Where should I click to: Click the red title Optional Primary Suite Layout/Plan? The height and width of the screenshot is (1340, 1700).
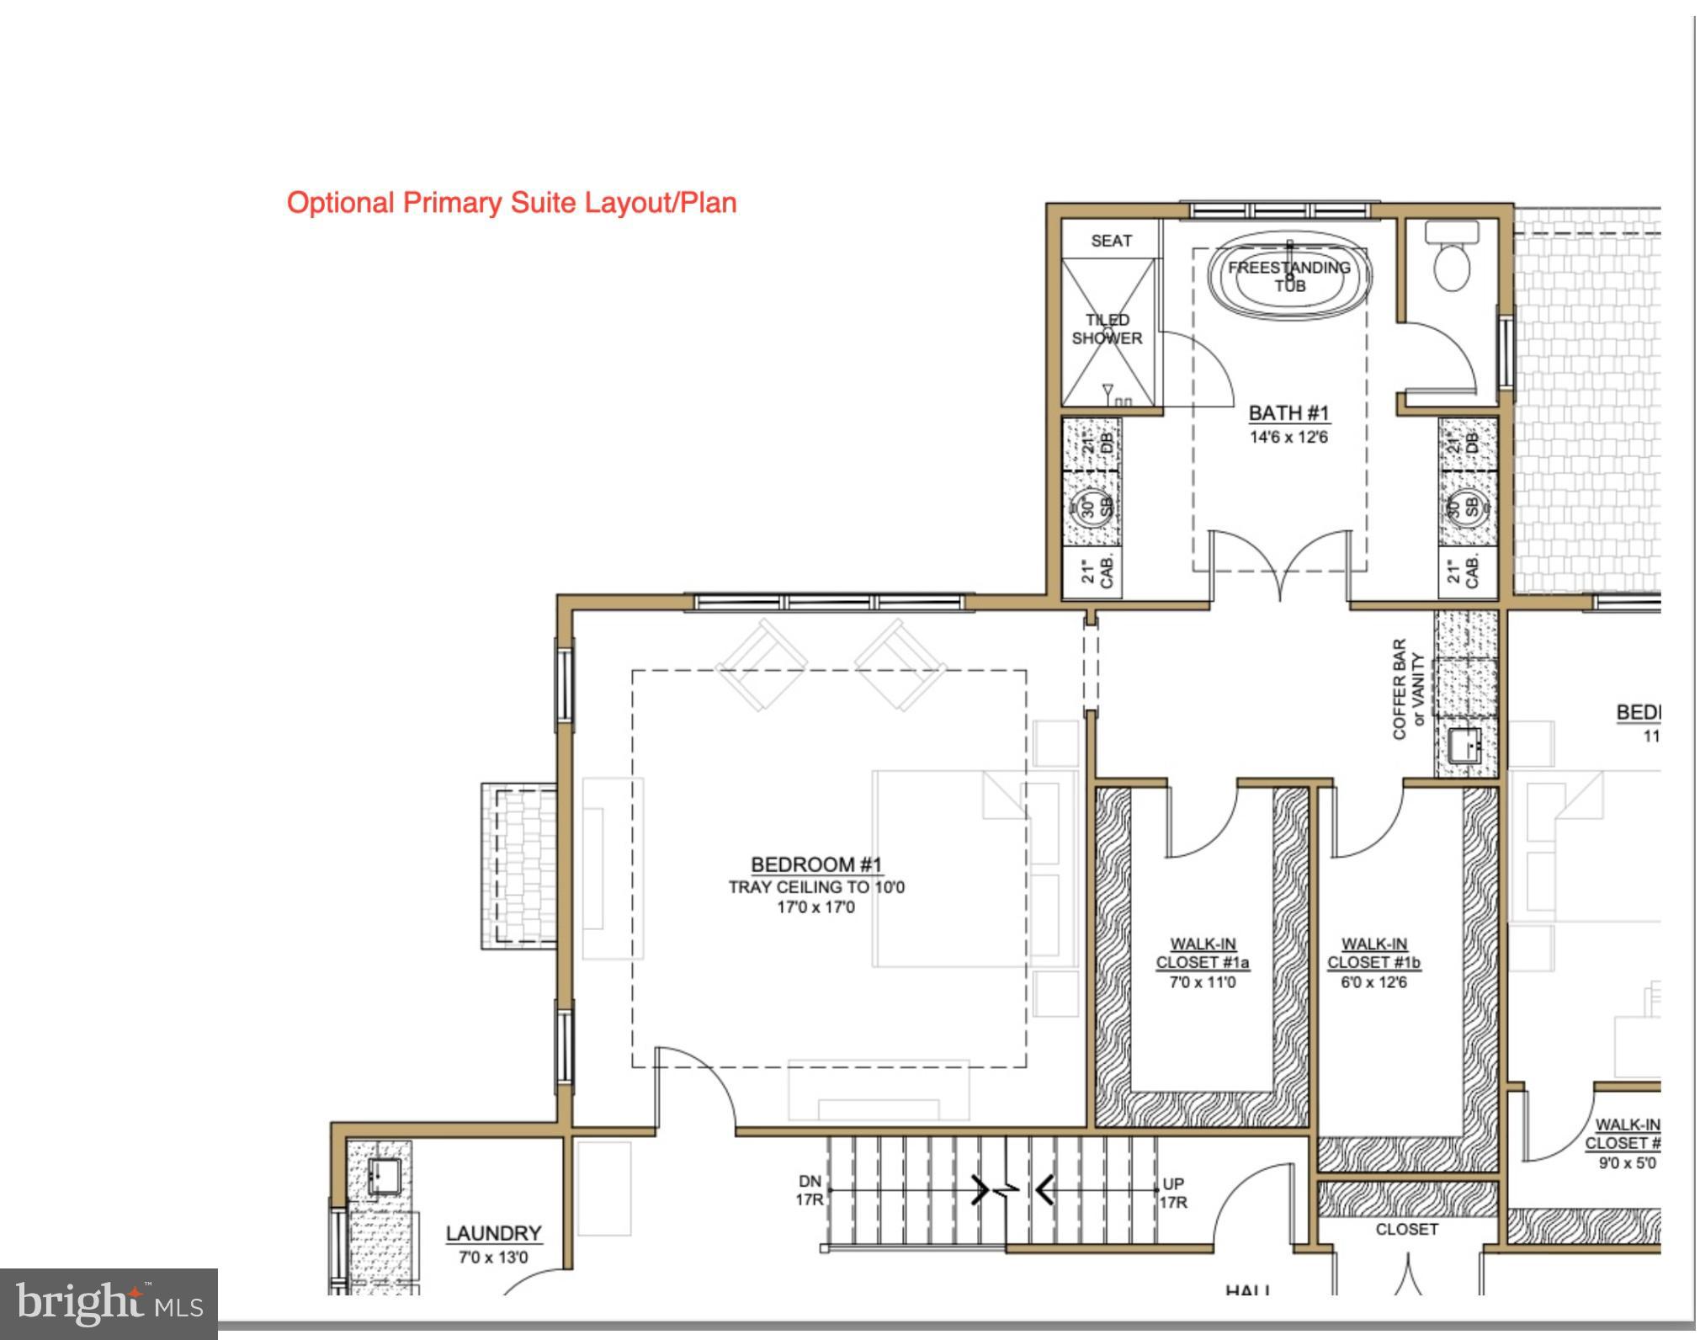511,203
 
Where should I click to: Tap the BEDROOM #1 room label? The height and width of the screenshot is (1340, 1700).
815,864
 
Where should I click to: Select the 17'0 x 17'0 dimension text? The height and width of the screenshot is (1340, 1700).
815,907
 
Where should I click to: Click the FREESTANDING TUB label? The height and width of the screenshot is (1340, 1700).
1288,276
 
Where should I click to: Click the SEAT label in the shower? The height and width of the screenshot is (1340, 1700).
1111,241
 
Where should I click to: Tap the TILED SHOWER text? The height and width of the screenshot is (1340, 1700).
1107,329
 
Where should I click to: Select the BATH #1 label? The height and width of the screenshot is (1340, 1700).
1288,413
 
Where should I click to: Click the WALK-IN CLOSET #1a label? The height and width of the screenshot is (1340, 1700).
1202,954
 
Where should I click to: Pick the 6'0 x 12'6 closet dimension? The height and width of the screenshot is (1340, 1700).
1373,982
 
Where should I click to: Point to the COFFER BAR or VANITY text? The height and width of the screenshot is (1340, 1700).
1408,689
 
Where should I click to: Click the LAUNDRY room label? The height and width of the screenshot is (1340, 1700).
493,1233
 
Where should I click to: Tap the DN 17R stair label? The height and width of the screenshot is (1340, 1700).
810,1191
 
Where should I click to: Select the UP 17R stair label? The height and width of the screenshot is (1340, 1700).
1173,1193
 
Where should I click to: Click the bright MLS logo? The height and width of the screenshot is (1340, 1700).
109,1304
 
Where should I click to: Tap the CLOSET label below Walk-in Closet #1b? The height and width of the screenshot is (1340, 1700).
1406,1230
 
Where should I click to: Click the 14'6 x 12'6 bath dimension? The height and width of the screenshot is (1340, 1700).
1288,437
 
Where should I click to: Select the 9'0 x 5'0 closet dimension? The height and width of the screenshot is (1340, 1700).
1626,1163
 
